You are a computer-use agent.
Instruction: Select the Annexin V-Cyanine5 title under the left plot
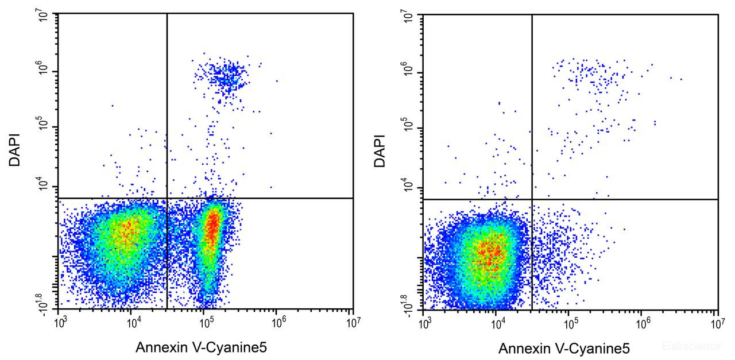tap(201, 347)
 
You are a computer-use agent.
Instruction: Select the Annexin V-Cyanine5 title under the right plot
tap(564, 348)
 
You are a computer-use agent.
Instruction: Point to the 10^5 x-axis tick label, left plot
tap(206, 323)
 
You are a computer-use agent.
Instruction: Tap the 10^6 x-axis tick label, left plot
tap(278, 323)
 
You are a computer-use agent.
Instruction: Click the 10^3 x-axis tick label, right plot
tap(424, 323)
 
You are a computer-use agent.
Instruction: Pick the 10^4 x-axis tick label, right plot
tap(497, 323)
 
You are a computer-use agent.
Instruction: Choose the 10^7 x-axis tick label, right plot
tap(716, 323)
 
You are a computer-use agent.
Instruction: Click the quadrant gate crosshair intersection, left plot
tap(167, 198)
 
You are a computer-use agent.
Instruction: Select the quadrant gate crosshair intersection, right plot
tap(532, 199)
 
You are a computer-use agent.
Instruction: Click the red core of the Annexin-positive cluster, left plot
tap(211, 227)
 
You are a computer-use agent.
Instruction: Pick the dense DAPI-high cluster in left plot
tap(225, 75)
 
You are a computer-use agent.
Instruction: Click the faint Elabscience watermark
tap(691, 346)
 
